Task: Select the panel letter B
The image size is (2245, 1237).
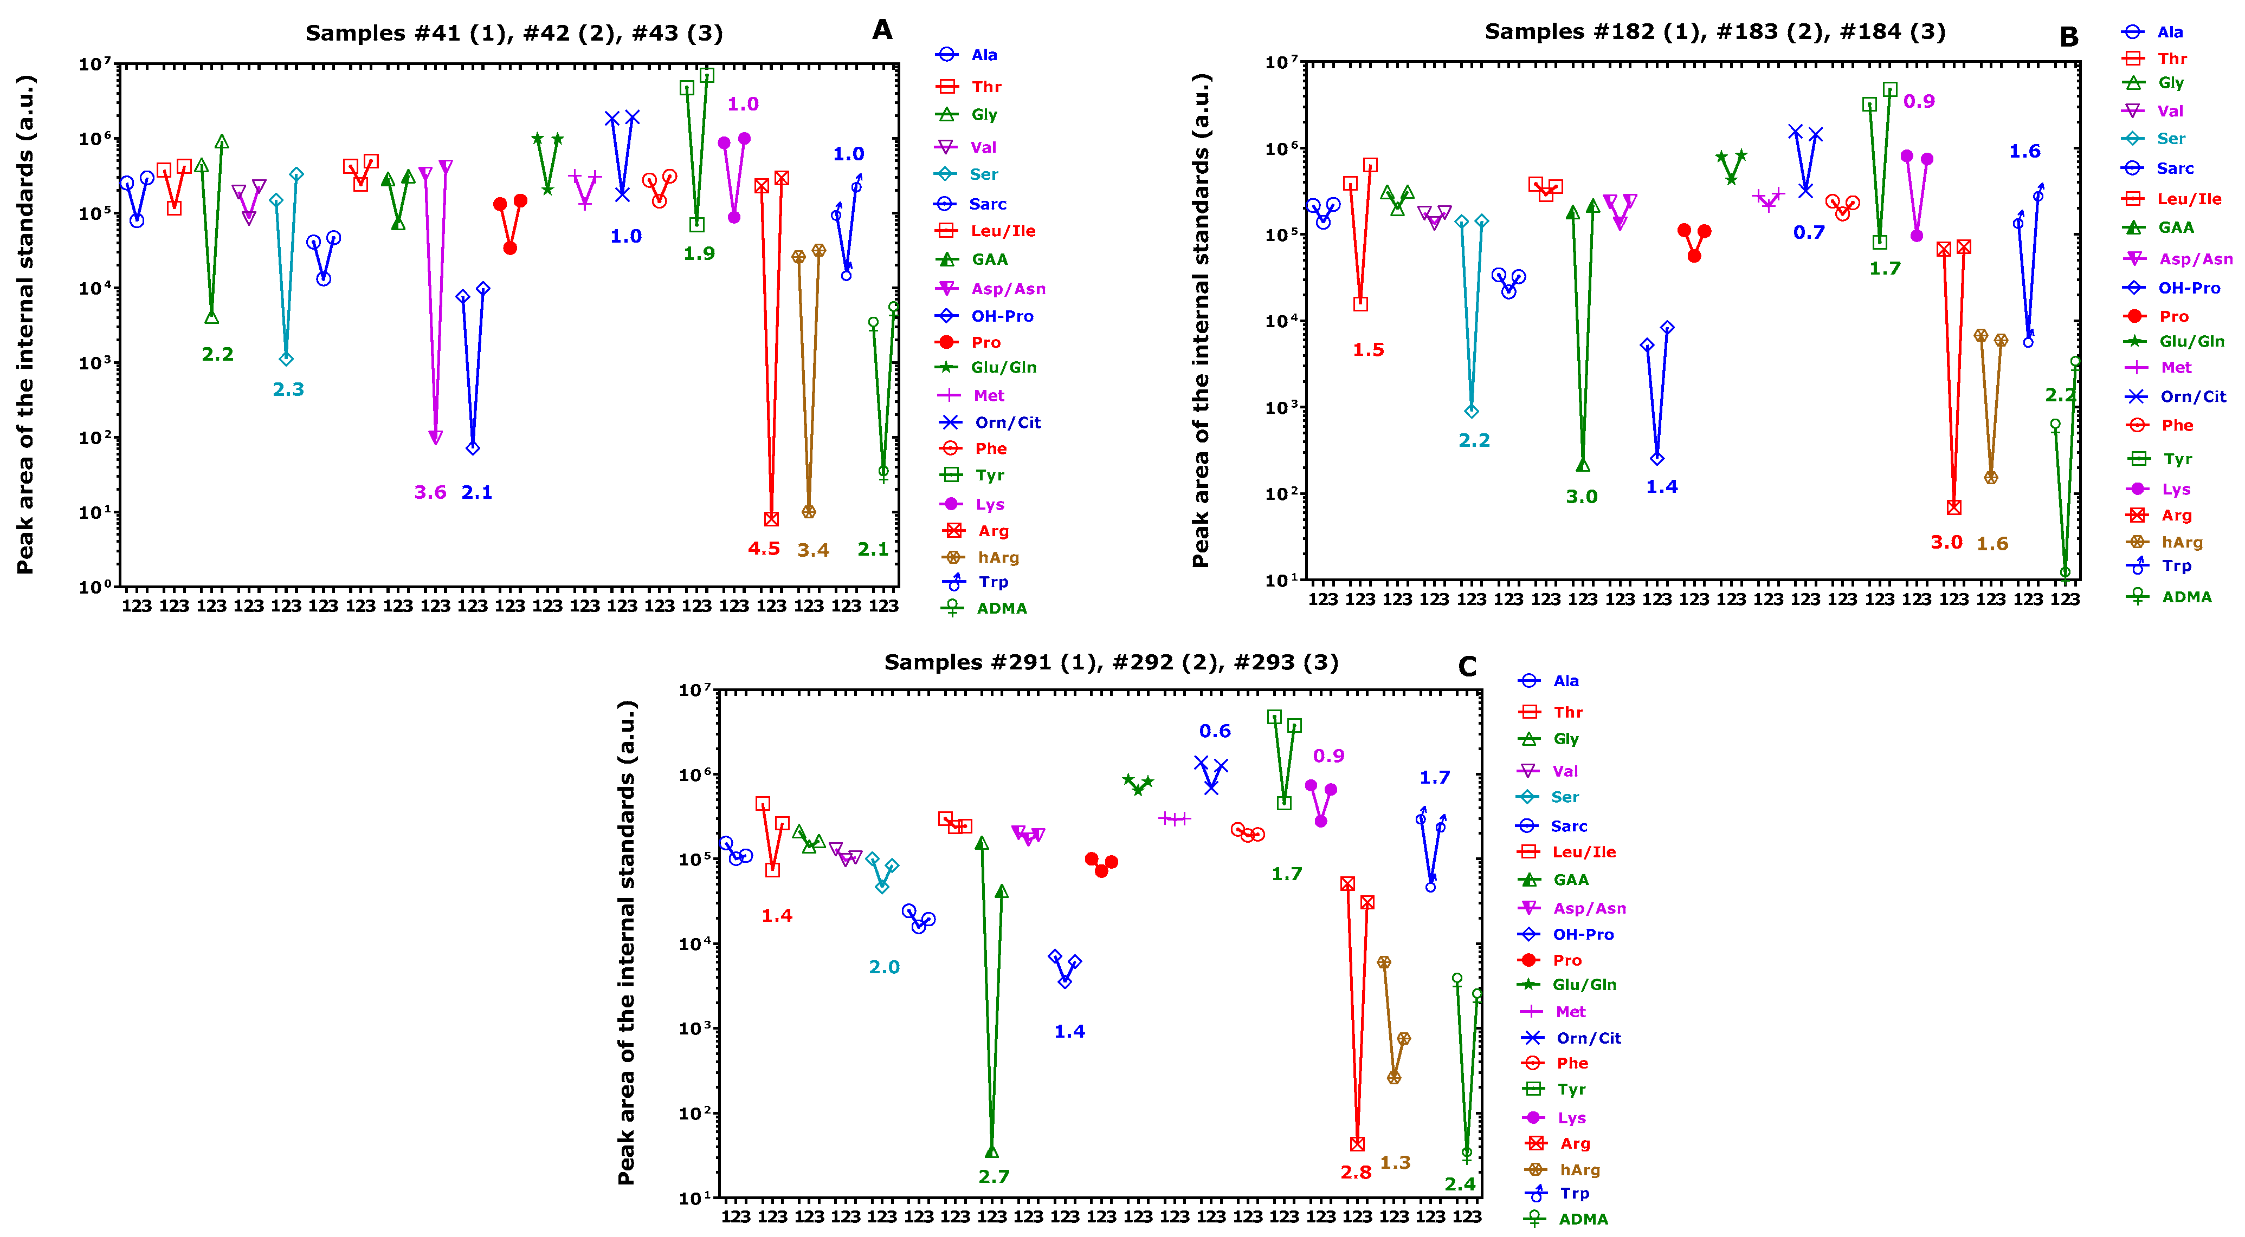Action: (2068, 37)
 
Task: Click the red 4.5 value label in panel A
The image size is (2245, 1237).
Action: (764, 549)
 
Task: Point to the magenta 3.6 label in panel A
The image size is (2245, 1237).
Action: (430, 492)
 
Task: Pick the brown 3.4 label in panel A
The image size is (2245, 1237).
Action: (812, 550)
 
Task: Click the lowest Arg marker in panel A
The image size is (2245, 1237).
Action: (771, 519)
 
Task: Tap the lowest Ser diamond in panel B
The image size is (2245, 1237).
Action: (1471, 411)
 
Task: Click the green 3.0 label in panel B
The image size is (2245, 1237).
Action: (1581, 497)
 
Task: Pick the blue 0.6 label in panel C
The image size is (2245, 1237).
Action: (1214, 731)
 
